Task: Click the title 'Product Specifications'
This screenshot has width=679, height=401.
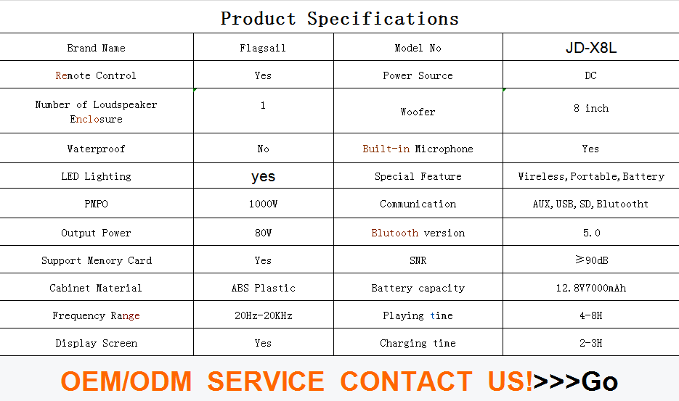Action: click(x=340, y=19)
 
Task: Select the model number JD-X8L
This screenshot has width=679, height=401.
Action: click(x=590, y=48)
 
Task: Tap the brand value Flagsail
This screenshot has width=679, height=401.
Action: click(x=263, y=48)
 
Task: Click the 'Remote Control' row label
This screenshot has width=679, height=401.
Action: click(x=96, y=75)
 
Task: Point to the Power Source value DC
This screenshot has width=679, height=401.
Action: click(x=590, y=75)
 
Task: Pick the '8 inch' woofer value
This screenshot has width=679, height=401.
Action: click(x=591, y=108)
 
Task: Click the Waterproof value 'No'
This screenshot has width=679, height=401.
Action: click(x=263, y=149)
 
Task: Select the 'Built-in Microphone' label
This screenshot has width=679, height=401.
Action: click(x=418, y=149)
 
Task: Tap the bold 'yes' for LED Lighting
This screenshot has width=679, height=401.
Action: click(x=264, y=176)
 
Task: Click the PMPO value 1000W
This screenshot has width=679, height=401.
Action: click(x=263, y=204)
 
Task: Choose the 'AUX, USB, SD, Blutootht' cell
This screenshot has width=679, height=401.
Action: click(x=590, y=204)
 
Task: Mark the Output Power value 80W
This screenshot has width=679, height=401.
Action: click(x=264, y=233)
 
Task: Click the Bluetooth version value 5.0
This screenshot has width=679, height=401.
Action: click(x=592, y=233)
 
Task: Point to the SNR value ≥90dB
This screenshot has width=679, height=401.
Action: click(x=592, y=260)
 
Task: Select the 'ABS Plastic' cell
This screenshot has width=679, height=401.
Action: click(x=264, y=288)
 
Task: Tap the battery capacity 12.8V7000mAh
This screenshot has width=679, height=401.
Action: click(x=591, y=288)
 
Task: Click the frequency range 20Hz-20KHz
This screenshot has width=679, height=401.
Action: click(x=264, y=315)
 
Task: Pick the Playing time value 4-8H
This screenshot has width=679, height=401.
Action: click(x=591, y=315)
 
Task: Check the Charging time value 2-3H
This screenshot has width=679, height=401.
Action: click(x=591, y=343)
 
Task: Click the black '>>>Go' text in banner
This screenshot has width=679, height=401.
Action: click(x=575, y=381)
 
